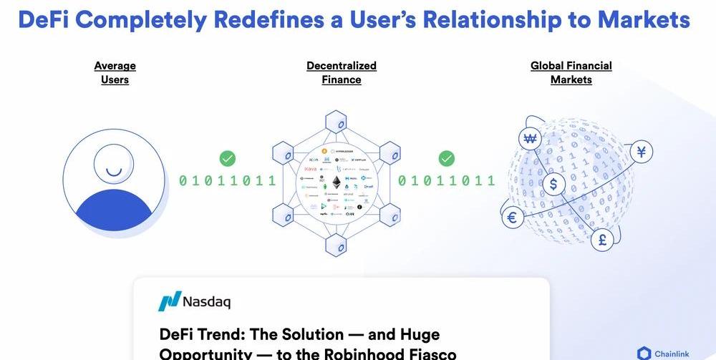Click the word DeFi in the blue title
[44, 19]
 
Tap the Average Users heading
[115, 72]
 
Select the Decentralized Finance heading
[342, 72]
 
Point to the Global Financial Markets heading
[571, 72]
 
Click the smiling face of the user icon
[114, 164]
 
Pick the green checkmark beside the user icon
[228, 158]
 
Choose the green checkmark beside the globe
[446, 158]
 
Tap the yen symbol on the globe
[642, 152]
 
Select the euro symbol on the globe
[512, 218]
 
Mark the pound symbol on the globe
[602, 240]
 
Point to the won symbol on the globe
[531, 139]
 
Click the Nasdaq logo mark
[169, 301]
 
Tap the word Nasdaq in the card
[206, 301]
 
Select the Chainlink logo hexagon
[644, 353]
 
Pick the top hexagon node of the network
[336, 122]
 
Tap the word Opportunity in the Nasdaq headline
[205, 354]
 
